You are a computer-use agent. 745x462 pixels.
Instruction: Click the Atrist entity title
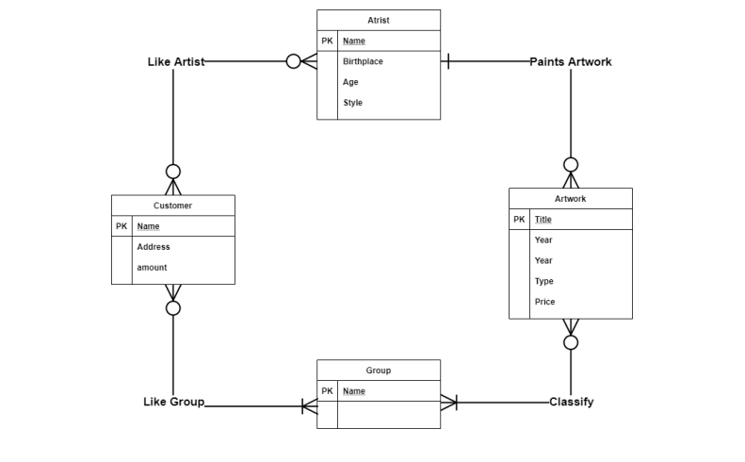tap(378, 20)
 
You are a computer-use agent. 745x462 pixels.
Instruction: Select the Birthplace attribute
tap(363, 61)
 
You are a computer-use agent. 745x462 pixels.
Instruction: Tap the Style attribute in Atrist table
tap(352, 103)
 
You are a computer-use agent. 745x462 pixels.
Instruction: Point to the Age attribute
tap(350, 82)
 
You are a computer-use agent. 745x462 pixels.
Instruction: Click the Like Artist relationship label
tap(176, 61)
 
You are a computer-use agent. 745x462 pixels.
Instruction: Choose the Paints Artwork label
tap(570, 61)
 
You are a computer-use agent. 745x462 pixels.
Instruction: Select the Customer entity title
tap(172, 206)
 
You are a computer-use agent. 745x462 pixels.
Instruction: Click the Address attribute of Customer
tap(154, 247)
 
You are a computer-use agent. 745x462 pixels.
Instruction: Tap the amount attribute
tap(152, 268)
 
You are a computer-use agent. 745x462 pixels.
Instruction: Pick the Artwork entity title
tap(570, 199)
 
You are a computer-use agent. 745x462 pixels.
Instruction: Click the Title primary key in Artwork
tap(543, 220)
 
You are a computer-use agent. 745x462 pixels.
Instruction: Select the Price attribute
tap(544, 302)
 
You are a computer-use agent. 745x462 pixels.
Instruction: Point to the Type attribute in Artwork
tap(544, 281)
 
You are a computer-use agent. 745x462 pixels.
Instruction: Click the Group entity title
tap(378, 371)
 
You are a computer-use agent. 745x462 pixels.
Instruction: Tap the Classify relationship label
tap(572, 402)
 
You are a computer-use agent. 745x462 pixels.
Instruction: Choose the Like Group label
tap(173, 402)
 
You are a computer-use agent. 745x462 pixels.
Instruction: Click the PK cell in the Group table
tap(327, 391)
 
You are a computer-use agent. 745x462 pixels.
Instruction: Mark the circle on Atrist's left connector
tap(294, 61)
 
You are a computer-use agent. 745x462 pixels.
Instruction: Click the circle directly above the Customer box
tap(173, 172)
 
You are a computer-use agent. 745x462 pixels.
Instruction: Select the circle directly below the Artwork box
tap(571, 342)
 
